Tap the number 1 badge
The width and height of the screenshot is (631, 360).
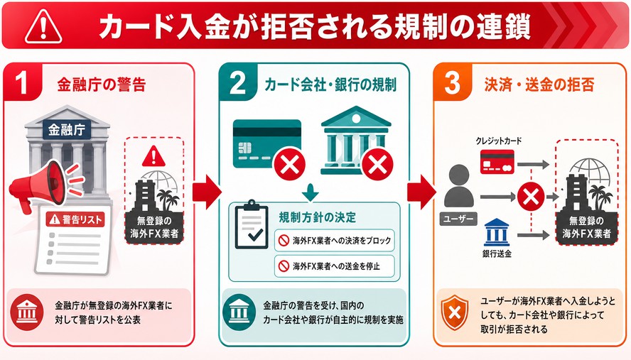(x=23, y=82)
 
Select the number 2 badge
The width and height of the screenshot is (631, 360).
(x=238, y=82)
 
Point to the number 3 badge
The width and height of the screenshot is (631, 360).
(x=453, y=82)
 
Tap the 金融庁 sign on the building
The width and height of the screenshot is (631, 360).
(x=67, y=129)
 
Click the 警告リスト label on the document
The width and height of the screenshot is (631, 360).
(x=75, y=219)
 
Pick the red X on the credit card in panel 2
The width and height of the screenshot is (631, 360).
(x=289, y=164)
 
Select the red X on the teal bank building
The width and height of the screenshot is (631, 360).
(x=377, y=164)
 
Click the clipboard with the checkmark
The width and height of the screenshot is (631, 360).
(x=252, y=224)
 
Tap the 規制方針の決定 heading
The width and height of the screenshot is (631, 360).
(x=318, y=217)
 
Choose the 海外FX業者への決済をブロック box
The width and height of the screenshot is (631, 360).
(x=335, y=241)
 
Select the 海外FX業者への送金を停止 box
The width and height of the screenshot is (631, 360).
(x=335, y=266)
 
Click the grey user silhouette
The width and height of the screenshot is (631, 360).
(x=459, y=186)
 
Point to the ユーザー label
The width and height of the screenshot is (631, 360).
(x=458, y=219)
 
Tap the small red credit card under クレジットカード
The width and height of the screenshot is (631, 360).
(x=497, y=162)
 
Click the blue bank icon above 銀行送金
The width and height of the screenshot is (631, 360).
(x=497, y=232)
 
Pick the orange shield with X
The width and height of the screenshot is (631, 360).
(x=455, y=312)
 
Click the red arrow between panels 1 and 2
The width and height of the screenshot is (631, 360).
(x=207, y=192)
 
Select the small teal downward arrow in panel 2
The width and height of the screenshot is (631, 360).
(x=311, y=192)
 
